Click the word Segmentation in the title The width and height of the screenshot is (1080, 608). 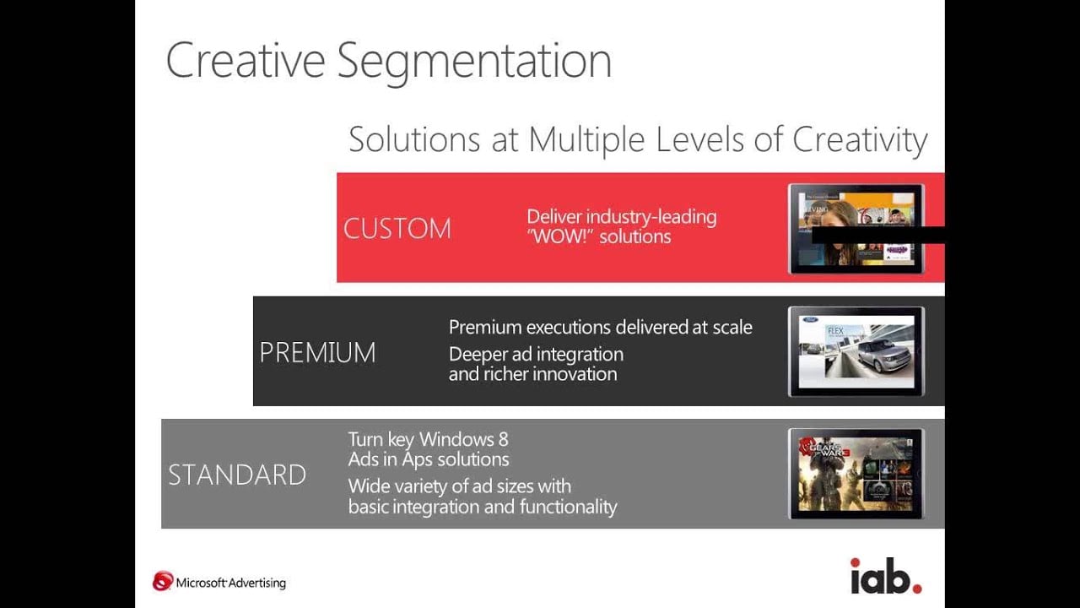pos(474,61)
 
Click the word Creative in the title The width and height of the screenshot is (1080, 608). pos(246,61)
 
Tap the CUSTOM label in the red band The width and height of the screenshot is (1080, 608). pos(397,229)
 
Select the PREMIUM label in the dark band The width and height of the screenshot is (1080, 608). pos(317,352)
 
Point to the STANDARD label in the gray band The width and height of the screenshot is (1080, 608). pos(237,475)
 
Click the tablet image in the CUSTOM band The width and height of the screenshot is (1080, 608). pos(856,229)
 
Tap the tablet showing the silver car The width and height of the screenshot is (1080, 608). pos(856,351)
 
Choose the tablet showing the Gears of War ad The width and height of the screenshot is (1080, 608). pos(856,474)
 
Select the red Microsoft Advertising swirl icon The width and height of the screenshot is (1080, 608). pos(162,581)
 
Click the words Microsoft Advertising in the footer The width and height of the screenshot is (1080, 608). pos(231,583)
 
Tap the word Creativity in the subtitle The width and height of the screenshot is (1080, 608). pos(860,139)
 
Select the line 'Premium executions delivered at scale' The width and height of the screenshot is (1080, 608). pos(600,327)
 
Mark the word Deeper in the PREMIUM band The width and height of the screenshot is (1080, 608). pos(478,354)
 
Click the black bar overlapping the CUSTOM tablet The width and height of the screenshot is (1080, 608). pos(877,235)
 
